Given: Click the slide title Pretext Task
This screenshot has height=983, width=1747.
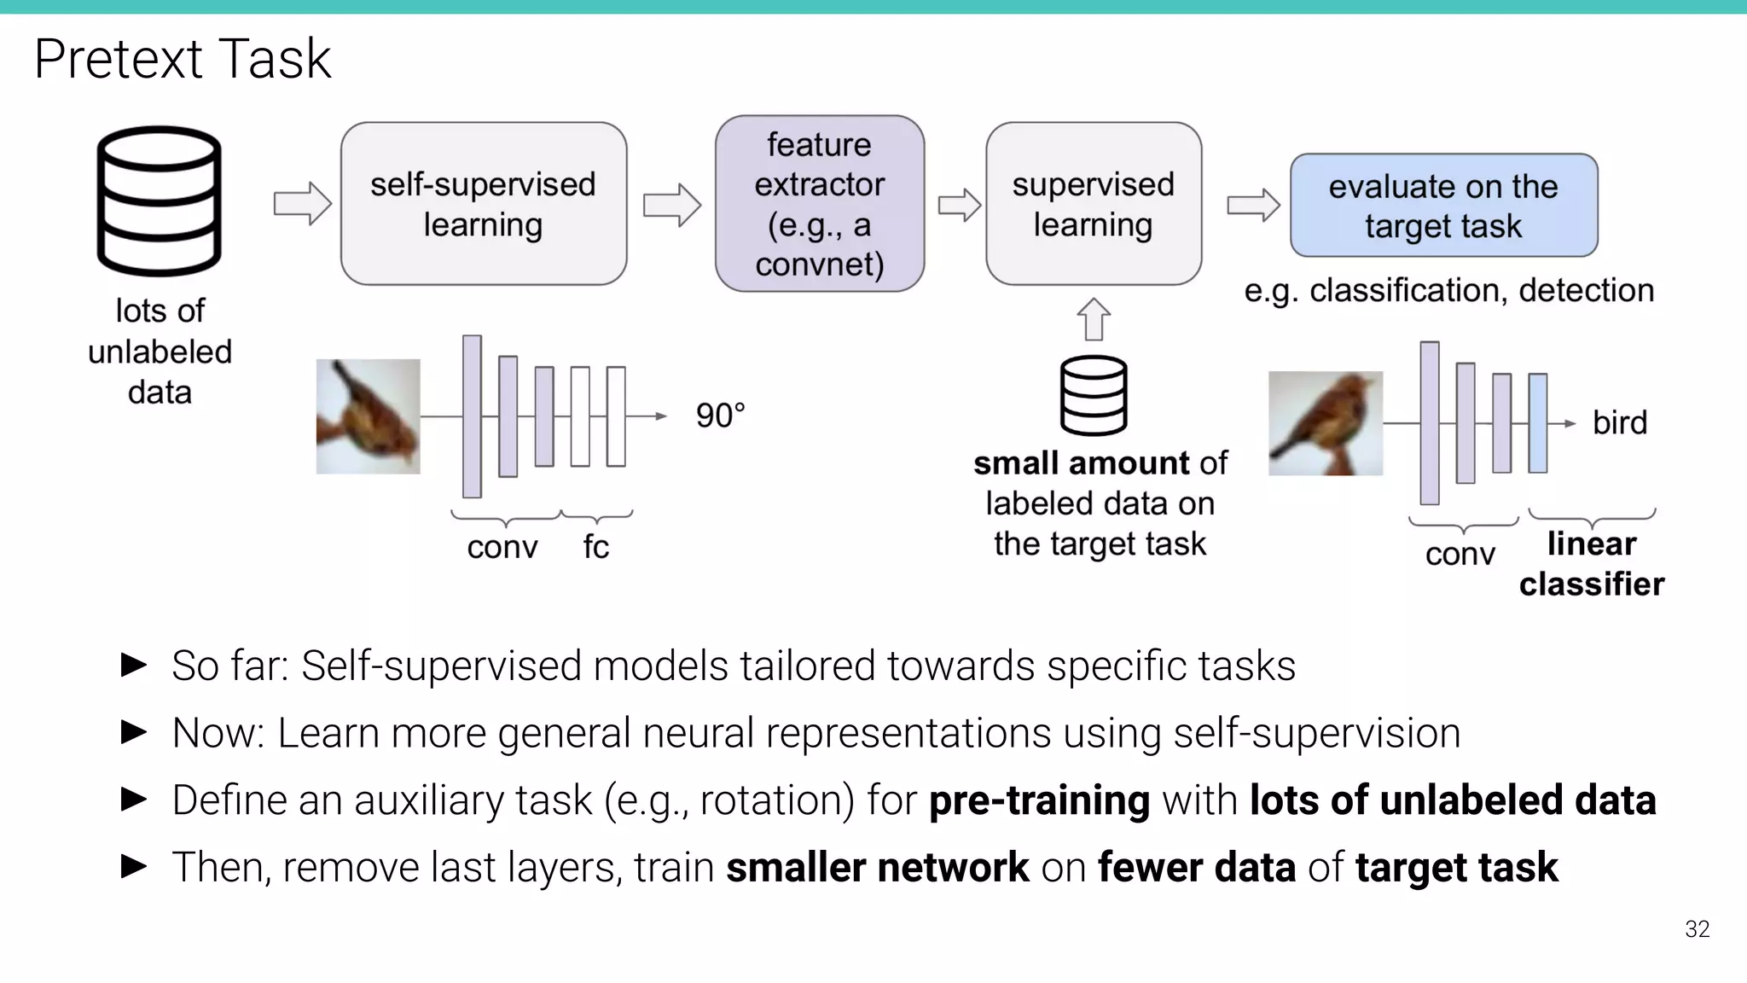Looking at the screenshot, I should [x=182, y=59].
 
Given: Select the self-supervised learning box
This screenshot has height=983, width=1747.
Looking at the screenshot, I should [x=484, y=204].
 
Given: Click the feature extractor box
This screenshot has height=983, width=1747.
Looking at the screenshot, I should [x=819, y=204].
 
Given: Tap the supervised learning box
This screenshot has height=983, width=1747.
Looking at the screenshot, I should [x=1093, y=204].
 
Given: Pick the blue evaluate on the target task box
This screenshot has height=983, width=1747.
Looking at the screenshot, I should [x=1443, y=206].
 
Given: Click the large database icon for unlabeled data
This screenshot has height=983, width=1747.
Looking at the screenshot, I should [x=159, y=201].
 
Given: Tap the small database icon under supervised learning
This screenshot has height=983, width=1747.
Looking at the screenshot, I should [x=1094, y=396].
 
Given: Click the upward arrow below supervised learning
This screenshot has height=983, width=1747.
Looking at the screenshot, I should [x=1094, y=319].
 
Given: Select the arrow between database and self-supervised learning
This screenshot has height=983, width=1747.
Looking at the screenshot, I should [x=302, y=204].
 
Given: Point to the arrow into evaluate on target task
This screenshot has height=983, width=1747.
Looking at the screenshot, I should [x=1253, y=205].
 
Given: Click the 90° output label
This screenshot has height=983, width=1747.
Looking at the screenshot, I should [x=720, y=416].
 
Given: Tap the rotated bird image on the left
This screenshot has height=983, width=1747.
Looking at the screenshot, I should [x=368, y=416].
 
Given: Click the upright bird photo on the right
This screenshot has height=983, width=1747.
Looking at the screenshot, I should [x=1325, y=423].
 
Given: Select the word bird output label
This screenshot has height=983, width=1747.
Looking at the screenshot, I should [x=1619, y=422].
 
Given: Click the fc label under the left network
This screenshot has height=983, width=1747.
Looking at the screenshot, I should [x=595, y=547].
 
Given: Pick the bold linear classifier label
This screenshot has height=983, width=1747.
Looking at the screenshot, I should [x=1591, y=564].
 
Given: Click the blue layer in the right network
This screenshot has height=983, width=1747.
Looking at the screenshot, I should [x=1537, y=423].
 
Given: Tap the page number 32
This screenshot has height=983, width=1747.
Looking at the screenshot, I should [x=1697, y=929].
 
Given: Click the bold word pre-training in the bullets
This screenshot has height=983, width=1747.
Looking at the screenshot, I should [x=1038, y=800].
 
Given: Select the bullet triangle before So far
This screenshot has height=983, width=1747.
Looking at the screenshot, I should [x=134, y=665].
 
